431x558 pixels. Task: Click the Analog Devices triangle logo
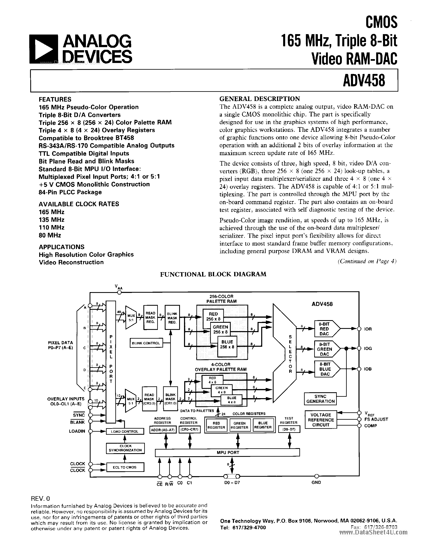click(44, 49)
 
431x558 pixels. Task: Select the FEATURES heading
click(55, 99)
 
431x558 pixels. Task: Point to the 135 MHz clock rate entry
click(51, 220)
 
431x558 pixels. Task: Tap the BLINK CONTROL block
click(146, 343)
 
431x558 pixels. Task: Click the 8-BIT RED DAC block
click(325, 329)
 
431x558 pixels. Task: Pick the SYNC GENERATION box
click(320, 399)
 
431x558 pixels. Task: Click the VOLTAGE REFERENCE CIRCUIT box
click(321, 420)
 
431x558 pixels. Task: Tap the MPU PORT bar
click(227, 453)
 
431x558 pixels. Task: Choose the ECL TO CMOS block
click(125, 467)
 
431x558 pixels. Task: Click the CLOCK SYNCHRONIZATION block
click(125, 448)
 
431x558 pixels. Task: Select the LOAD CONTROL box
click(125, 431)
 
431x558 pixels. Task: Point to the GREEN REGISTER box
click(239, 425)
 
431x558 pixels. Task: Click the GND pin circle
click(316, 476)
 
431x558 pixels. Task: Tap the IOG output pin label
click(368, 349)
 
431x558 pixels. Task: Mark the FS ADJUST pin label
click(376, 419)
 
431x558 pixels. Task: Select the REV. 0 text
click(40, 498)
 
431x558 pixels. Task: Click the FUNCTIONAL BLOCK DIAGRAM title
click(213, 274)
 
